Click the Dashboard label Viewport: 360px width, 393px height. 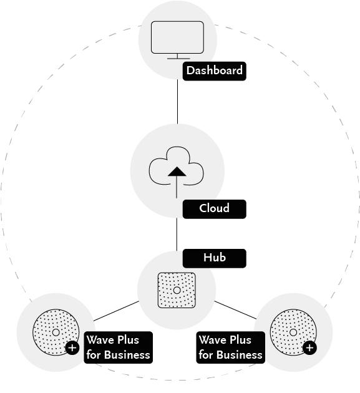point(214,70)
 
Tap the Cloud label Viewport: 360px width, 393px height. point(214,208)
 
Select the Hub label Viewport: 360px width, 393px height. point(214,258)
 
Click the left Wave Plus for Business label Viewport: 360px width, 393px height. point(118,347)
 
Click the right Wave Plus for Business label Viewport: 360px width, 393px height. point(230,347)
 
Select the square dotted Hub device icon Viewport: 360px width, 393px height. point(177,290)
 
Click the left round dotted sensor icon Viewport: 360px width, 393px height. point(54,332)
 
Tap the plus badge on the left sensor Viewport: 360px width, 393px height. point(72,347)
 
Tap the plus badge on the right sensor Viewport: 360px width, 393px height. point(309,347)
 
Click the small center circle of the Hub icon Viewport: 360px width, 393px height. point(177,290)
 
